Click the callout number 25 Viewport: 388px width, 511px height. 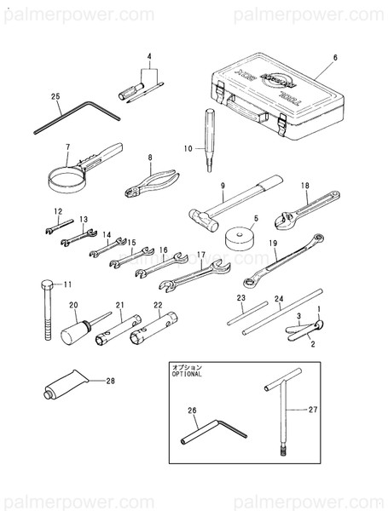55,96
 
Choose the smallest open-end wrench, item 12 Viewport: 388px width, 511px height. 52,227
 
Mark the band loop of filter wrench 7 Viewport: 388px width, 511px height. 66,180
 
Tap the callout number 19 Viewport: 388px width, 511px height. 274,243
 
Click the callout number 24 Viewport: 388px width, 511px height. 279,300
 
